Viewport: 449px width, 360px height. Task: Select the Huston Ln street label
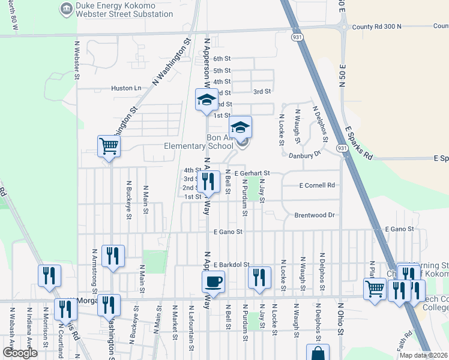point(126,88)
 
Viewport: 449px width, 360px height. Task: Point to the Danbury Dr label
point(310,155)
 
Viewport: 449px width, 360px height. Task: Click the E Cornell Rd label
point(318,185)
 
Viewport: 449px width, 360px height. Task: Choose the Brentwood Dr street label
point(314,215)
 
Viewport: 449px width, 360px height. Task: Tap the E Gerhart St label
point(253,173)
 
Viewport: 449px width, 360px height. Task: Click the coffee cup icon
point(213,281)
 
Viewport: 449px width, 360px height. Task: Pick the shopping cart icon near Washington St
point(109,146)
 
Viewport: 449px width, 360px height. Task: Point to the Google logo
point(20,353)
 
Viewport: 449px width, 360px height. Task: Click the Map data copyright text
point(423,355)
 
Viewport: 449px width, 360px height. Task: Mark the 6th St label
point(222,59)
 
